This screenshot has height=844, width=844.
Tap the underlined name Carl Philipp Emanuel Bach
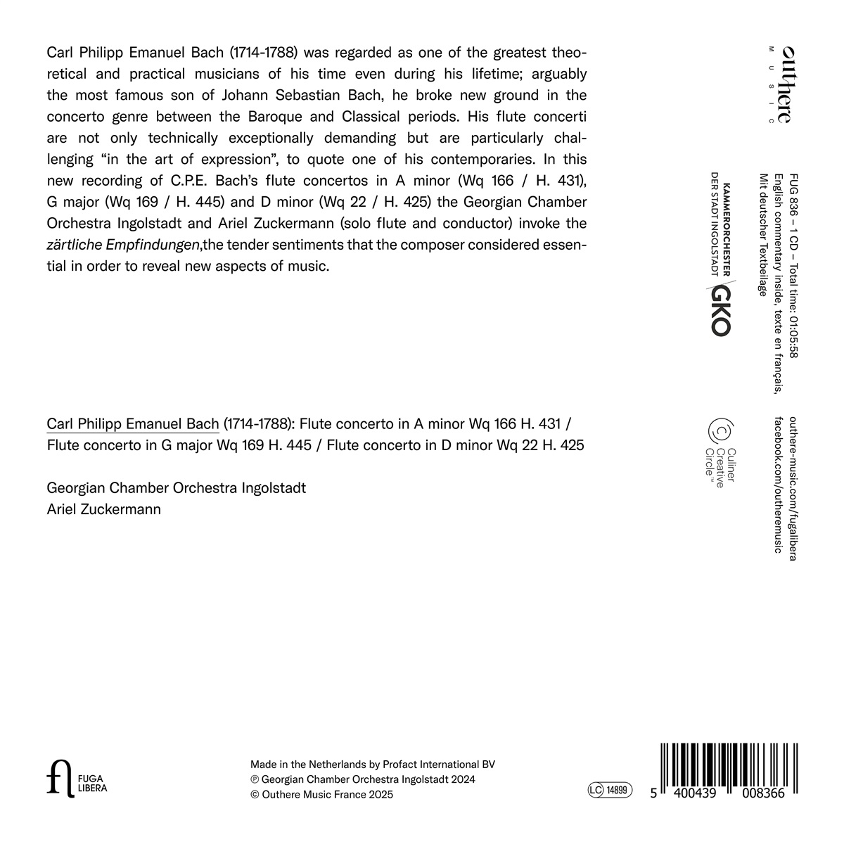point(133,424)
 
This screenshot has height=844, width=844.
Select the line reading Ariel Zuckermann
point(103,509)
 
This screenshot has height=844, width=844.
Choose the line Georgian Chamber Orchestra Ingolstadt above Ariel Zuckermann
point(176,487)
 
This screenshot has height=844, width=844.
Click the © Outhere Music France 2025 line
point(321,794)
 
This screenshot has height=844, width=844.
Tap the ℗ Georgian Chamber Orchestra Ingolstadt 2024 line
point(362,779)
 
